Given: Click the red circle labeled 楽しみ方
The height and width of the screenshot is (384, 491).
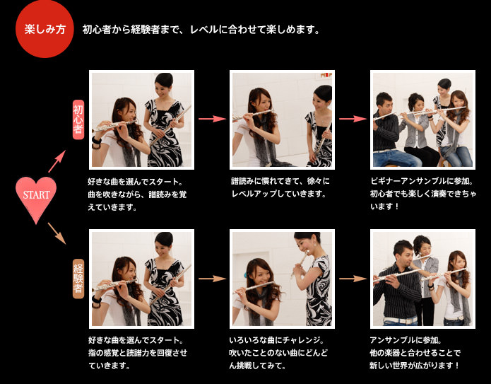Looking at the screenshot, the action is pyautogui.click(x=45, y=29).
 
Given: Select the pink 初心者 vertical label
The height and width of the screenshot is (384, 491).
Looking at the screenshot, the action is pyautogui.click(x=78, y=120).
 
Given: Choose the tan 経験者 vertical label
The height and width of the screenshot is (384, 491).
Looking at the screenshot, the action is pyautogui.click(x=78, y=279).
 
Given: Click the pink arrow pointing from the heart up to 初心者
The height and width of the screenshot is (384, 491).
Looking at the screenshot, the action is pyautogui.click(x=57, y=161).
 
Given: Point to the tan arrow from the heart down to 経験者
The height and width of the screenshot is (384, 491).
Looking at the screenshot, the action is pyautogui.click(x=57, y=233).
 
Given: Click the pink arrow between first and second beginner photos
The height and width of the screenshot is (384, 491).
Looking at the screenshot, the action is pyautogui.click(x=212, y=119).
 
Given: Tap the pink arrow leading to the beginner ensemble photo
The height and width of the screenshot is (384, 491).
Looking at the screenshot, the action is pyautogui.click(x=353, y=119).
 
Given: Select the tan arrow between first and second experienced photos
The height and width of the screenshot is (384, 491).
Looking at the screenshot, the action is pyautogui.click(x=212, y=279).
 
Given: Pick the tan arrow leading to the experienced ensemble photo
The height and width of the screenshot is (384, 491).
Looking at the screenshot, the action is pyautogui.click(x=353, y=279).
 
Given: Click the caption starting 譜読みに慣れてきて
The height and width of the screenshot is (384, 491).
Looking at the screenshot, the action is pyautogui.click(x=280, y=187).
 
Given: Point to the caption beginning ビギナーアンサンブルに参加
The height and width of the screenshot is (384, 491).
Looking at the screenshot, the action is pyautogui.click(x=423, y=194).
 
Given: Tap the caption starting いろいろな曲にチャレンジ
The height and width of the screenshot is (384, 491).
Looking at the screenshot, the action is pyautogui.click(x=278, y=353).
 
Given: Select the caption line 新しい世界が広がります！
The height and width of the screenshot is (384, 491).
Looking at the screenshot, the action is pyautogui.click(x=415, y=366).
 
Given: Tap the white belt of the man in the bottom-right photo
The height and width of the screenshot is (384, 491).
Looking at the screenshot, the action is pyautogui.click(x=400, y=320).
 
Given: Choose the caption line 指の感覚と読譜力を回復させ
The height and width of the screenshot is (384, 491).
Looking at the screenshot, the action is pyautogui.click(x=138, y=353).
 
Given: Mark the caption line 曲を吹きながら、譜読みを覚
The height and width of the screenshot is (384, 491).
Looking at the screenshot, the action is pyautogui.click(x=138, y=194).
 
